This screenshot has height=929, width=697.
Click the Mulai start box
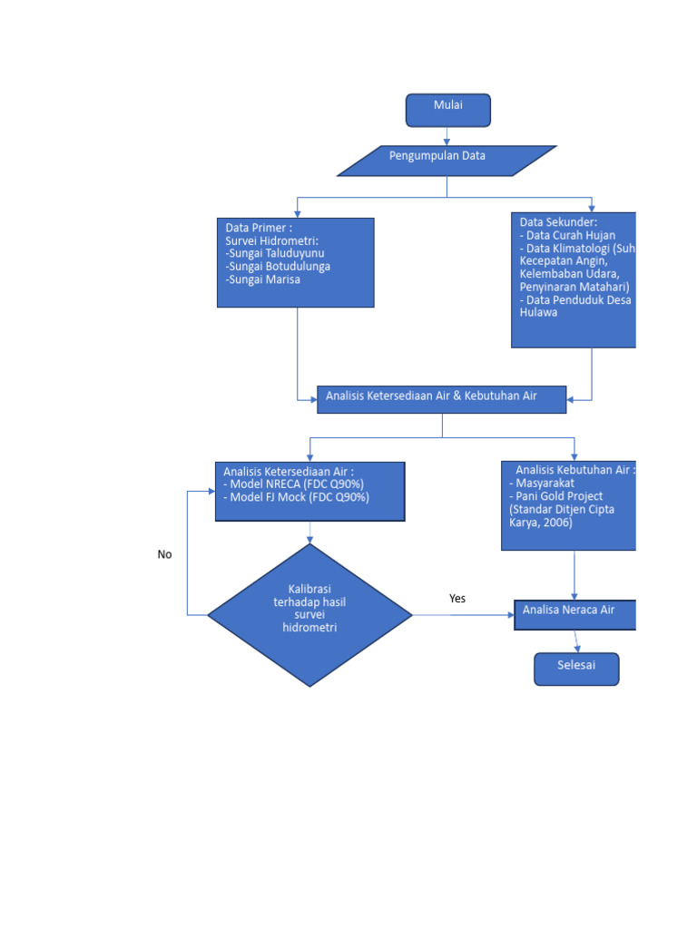(x=447, y=110)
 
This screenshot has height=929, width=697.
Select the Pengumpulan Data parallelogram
(x=447, y=161)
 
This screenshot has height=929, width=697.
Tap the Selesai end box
(x=576, y=669)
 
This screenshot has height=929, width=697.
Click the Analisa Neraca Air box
(x=574, y=614)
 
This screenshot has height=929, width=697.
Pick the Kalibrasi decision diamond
(x=309, y=615)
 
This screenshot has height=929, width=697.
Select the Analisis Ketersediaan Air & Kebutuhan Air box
(x=441, y=399)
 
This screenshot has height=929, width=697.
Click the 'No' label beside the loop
(x=164, y=554)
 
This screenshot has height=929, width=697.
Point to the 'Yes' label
(x=457, y=599)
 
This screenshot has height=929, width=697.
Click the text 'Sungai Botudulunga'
(x=279, y=267)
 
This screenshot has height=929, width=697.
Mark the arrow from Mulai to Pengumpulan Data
(x=447, y=136)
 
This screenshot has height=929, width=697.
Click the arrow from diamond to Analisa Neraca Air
(x=463, y=615)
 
